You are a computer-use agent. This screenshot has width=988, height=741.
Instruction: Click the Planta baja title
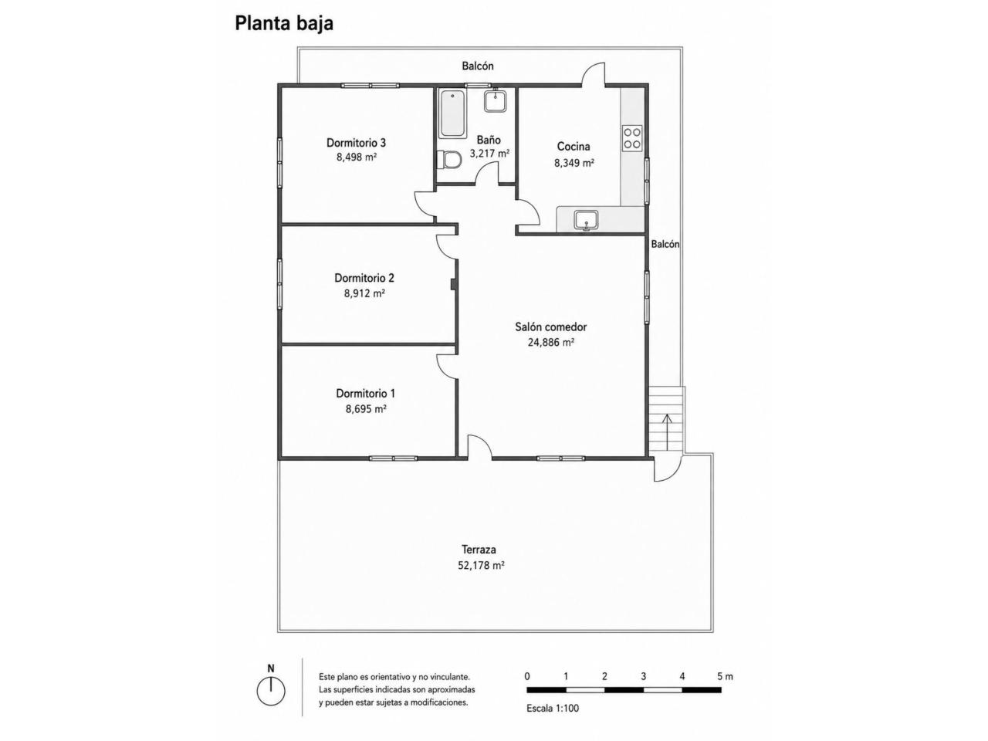[283, 24]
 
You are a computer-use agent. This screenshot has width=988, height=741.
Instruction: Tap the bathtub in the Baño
[452, 114]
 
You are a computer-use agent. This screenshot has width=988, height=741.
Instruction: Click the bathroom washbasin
[495, 101]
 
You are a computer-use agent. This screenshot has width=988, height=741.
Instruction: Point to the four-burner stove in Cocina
[632, 139]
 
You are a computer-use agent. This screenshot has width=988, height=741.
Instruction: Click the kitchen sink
[586, 221]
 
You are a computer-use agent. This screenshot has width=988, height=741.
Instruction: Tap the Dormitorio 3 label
[356, 143]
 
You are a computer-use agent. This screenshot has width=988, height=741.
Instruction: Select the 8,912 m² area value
[364, 293]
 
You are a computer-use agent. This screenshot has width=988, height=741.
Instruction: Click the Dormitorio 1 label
[365, 394]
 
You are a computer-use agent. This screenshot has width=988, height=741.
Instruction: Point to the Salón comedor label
[550, 327]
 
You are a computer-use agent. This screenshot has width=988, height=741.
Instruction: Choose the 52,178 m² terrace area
[481, 566]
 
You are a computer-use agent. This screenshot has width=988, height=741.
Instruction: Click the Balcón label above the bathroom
[478, 66]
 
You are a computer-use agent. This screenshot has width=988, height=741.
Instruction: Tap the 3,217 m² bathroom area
[489, 154]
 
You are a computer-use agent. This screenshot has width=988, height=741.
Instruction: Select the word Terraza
[479, 550]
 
